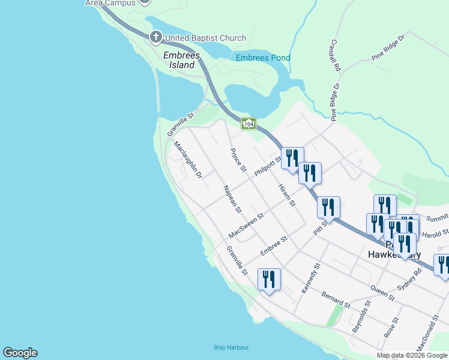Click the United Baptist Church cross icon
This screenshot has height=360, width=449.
pyautogui.click(x=155, y=38)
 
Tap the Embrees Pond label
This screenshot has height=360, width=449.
pyautogui.click(x=263, y=58)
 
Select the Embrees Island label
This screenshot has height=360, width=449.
pyautogui.click(x=179, y=60)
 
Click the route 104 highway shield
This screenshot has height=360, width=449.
pyautogui.click(x=249, y=124)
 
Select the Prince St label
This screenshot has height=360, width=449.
pyautogui.click(x=238, y=160)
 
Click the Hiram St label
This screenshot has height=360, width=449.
pyautogui.click(x=287, y=195)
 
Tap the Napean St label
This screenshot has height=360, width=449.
pyautogui.click(x=232, y=200)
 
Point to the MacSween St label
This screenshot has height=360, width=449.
pyautogui.click(x=246, y=224)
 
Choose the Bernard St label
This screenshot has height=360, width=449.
pyautogui.click(x=336, y=300)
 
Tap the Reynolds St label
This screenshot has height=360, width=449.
pyautogui.click(x=360, y=317)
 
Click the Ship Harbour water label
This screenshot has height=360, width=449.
pyautogui.click(x=231, y=347)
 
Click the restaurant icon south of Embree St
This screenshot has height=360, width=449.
pyautogui.click(x=268, y=280)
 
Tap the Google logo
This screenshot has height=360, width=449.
pyautogui.click(x=20, y=353)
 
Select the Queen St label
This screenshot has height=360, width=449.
pyautogui.click(x=382, y=293)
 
